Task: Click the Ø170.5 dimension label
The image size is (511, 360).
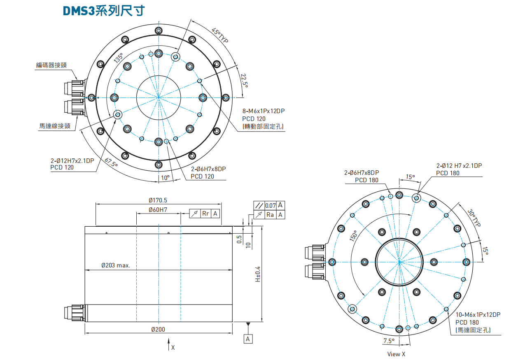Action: pos(159,200)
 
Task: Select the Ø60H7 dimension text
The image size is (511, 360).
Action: pos(159,210)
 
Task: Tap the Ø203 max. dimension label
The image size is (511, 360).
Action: pos(116,265)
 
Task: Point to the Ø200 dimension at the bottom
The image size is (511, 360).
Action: pos(159,329)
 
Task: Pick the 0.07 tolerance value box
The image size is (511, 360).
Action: pos(271,205)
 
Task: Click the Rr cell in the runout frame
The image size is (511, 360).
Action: pos(205,214)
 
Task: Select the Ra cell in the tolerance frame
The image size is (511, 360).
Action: pos(271,215)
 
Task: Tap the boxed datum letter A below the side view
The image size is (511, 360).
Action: pos(248,339)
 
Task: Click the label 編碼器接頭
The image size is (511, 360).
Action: pos(51,65)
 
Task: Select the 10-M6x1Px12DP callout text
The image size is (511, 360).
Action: pos(478,315)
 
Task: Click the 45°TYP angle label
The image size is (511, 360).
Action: pos(220,36)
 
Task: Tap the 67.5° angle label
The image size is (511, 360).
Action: pos(111,163)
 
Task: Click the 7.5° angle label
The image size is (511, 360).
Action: pos(389,341)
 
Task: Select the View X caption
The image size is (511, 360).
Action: pos(396,354)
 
